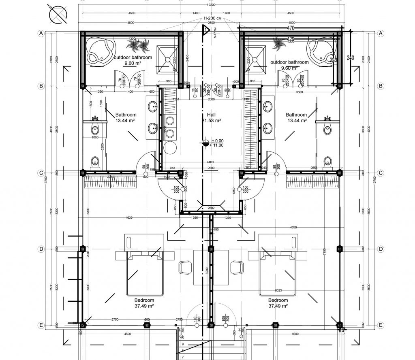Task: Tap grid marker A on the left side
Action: [x=41, y=34]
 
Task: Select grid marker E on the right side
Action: [x=380, y=325]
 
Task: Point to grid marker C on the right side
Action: [x=380, y=173]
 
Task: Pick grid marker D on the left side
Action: [x=41, y=249]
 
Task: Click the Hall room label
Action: [x=211, y=115]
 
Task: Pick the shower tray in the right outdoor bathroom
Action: [x=253, y=56]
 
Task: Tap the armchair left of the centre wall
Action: [x=185, y=267]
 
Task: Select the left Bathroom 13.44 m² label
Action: [x=126, y=117]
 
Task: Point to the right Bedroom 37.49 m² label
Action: [x=278, y=303]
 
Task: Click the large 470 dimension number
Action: [x=291, y=28]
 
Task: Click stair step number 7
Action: [x=183, y=345]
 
